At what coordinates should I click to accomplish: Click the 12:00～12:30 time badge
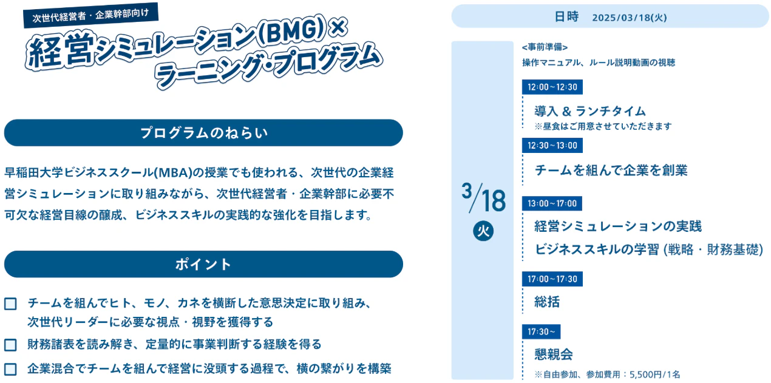[552, 87]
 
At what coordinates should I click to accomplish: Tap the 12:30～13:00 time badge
[552, 145]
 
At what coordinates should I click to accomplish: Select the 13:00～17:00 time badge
[552, 203]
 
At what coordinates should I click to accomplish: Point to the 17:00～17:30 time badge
[552, 279]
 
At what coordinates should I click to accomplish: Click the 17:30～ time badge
[541, 332]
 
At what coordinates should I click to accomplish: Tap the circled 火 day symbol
[483, 231]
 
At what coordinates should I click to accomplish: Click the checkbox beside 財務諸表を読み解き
[10, 345]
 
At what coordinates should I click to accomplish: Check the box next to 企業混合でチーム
[10, 369]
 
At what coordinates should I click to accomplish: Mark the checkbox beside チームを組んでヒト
[10, 304]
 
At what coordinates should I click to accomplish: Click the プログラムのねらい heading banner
[203, 133]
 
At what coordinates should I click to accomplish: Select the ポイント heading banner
[203, 264]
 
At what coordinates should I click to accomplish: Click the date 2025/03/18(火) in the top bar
[630, 18]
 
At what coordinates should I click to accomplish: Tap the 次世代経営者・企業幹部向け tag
[91, 15]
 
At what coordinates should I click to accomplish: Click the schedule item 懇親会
[554, 354]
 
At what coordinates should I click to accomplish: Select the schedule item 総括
[547, 302]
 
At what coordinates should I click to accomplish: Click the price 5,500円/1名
[654, 375]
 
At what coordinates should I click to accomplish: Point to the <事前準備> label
[545, 47]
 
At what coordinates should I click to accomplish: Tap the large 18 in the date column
[494, 200]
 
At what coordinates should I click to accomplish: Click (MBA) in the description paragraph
[173, 172]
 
